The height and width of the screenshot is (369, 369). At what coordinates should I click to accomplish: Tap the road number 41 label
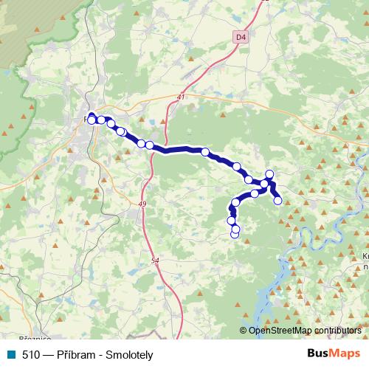[x=181, y=97]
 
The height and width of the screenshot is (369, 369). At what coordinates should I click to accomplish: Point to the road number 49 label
[x=142, y=204]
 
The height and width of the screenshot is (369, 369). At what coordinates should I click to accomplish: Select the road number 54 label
[x=154, y=261]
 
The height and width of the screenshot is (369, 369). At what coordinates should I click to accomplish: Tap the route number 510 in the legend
[x=31, y=355]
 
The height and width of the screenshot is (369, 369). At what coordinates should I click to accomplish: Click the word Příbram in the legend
[x=77, y=355]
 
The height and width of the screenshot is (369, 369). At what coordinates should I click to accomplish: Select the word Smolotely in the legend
[x=130, y=355]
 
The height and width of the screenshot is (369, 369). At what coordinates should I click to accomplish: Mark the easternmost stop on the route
[x=277, y=200]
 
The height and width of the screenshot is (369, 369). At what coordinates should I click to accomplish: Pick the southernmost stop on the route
[x=235, y=235]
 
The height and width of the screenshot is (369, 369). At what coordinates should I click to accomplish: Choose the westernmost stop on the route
[x=92, y=120]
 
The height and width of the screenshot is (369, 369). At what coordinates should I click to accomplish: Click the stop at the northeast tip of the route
[x=269, y=174]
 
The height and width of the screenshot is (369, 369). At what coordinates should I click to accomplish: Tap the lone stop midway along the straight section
[x=205, y=153]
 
